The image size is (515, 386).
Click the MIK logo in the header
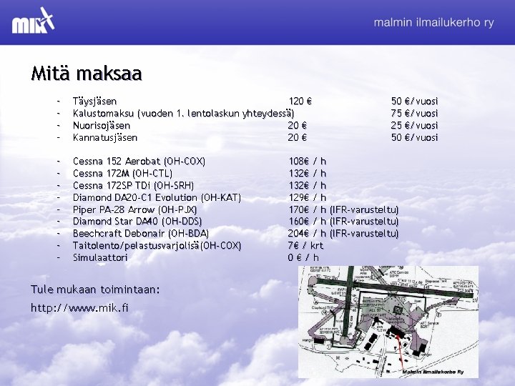pyautogui.click(x=33, y=22)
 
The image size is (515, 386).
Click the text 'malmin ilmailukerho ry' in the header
pyautogui.click(x=433, y=22)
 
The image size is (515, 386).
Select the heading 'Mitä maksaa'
pyautogui.click(x=86, y=73)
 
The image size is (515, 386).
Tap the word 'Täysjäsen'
pyautogui.click(x=95, y=102)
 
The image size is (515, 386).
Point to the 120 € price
pyautogui.click(x=299, y=102)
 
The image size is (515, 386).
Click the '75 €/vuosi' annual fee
pyautogui.click(x=414, y=114)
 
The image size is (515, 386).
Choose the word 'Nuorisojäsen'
pyautogui.click(x=102, y=126)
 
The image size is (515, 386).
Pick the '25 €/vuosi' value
pyautogui.click(x=414, y=126)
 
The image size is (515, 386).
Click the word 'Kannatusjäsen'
pyautogui.click(x=105, y=138)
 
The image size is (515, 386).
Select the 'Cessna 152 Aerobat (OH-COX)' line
pyautogui.click(x=139, y=161)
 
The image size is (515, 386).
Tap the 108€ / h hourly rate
pyautogui.click(x=307, y=161)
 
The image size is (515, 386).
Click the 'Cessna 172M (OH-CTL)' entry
pyautogui.click(x=122, y=173)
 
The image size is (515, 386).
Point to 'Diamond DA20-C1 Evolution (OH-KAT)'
pyautogui.click(x=156, y=197)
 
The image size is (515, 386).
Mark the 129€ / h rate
pyautogui.click(x=307, y=197)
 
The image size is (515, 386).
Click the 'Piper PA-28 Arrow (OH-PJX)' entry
pyautogui.click(x=135, y=209)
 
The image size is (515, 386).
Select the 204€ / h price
pyautogui.click(x=307, y=234)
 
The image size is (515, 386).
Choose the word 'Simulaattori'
pyautogui.click(x=100, y=257)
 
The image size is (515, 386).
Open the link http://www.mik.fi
pyautogui.click(x=79, y=308)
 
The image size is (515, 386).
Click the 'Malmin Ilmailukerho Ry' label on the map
pyautogui.click(x=432, y=372)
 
